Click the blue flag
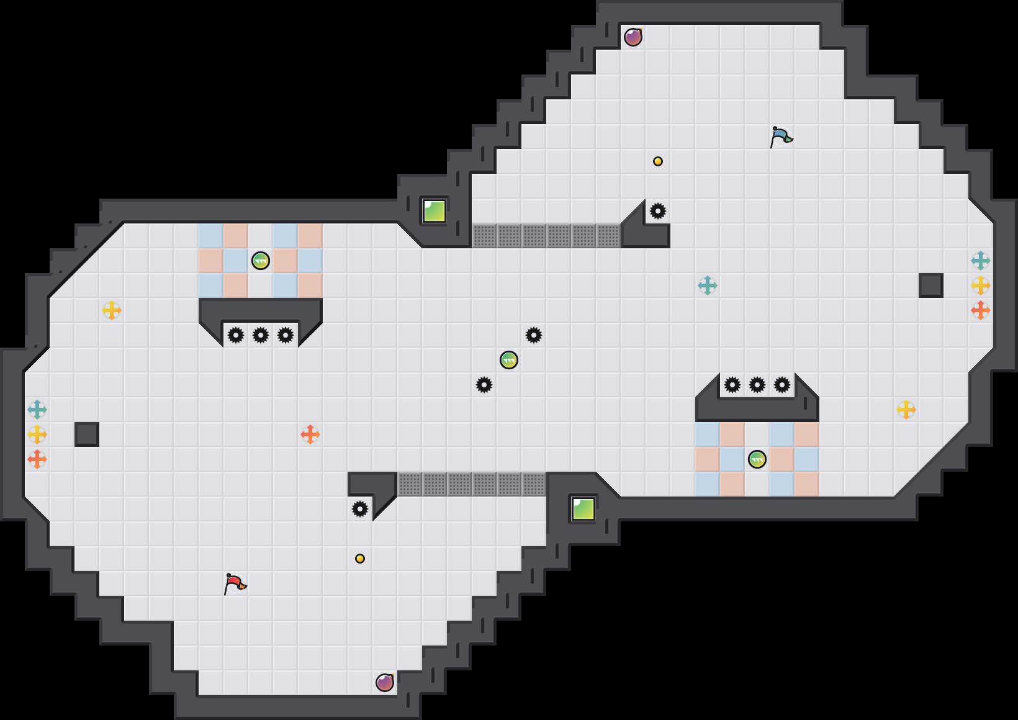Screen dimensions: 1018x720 click(x=781, y=137)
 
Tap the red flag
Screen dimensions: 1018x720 click(x=235, y=583)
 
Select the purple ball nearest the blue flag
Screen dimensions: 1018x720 click(x=633, y=37)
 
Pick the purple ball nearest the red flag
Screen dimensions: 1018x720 click(x=385, y=683)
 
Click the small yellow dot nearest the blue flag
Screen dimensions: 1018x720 click(x=658, y=161)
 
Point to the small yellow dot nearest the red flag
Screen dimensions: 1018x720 click(x=360, y=559)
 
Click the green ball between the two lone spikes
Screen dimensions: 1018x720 click(x=509, y=360)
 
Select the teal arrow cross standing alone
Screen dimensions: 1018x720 click(x=708, y=286)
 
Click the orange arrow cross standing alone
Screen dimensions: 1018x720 click(x=310, y=434)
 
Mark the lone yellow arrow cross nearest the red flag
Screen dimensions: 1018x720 click(x=112, y=310)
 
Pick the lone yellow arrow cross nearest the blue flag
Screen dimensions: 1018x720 click(x=906, y=410)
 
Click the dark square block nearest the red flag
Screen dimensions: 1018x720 click(x=87, y=434)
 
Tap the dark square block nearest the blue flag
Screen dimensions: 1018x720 click(x=931, y=286)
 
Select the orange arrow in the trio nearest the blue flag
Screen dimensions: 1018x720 click(x=981, y=310)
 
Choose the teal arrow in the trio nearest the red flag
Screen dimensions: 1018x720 click(x=37, y=410)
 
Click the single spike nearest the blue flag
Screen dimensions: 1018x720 click(x=658, y=211)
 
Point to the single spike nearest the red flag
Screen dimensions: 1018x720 click(x=360, y=509)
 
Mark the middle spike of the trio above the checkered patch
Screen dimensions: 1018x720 click(x=757, y=385)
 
